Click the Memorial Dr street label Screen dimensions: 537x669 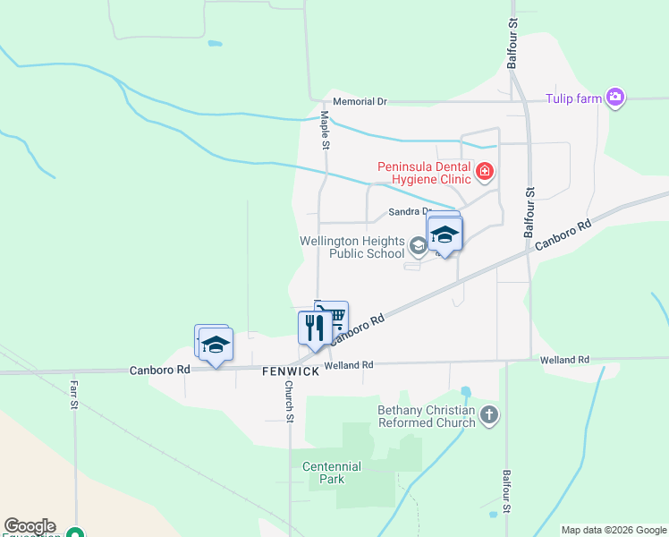(360, 102)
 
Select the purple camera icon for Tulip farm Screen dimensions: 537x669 (614, 98)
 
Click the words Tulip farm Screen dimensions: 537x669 (575, 98)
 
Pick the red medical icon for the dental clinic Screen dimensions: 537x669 (485, 171)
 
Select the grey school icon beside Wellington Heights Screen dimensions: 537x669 (418, 245)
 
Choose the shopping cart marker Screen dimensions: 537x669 (334, 316)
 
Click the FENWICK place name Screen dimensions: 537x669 (291, 371)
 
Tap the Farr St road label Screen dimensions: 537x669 (74, 394)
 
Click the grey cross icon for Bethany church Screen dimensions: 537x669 (488, 414)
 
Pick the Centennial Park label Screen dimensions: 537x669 (332, 473)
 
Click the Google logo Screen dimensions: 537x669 (30, 526)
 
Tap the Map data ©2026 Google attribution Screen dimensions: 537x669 (614, 530)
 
